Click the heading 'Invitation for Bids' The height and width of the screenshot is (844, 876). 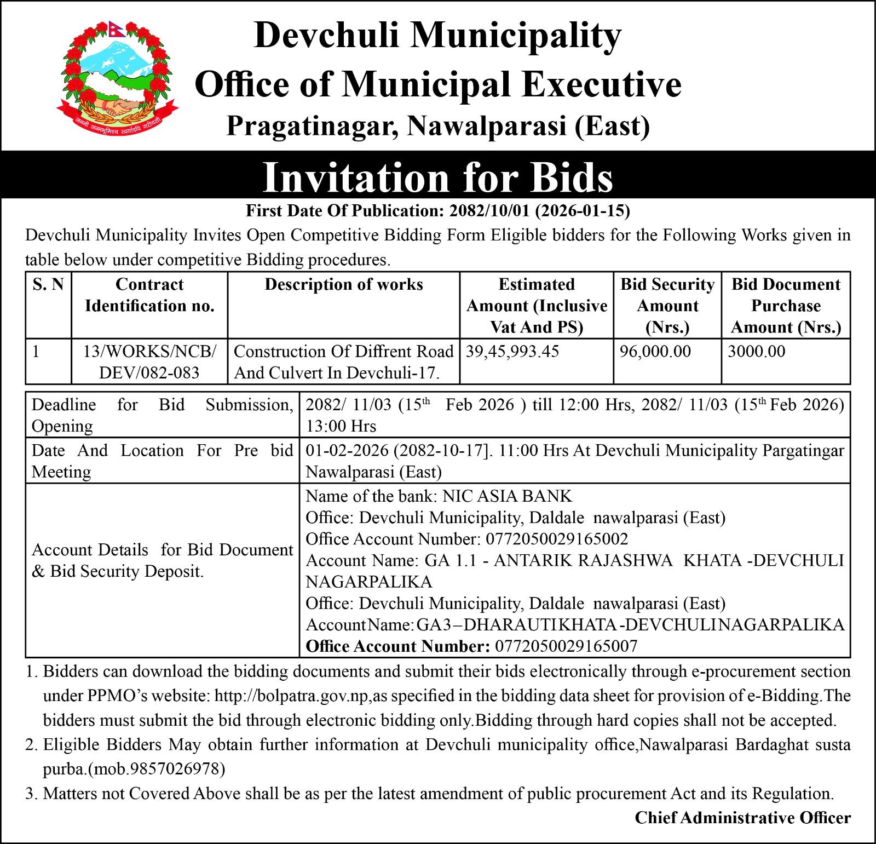(x=437, y=177)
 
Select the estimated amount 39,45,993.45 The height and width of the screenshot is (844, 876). (x=512, y=352)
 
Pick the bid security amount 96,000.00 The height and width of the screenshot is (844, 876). (x=655, y=352)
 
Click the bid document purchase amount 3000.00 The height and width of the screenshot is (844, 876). (x=756, y=352)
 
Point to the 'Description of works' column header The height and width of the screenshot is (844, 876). (x=344, y=285)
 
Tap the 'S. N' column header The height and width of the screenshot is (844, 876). (x=48, y=285)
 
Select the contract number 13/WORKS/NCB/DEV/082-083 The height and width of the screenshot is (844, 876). (x=149, y=362)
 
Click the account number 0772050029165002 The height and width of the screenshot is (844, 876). (x=557, y=539)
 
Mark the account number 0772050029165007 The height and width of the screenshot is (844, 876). (x=566, y=646)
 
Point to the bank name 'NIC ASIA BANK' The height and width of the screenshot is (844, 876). (x=507, y=496)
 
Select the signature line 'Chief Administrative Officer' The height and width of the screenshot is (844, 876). (x=742, y=818)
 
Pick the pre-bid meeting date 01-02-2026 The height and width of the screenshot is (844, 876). (x=347, y=451)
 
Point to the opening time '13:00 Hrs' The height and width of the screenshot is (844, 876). (x=341, y=426)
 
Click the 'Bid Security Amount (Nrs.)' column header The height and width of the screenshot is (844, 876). (x=667, y=306)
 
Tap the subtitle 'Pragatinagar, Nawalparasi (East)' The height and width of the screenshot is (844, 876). (x=438, y=126)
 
